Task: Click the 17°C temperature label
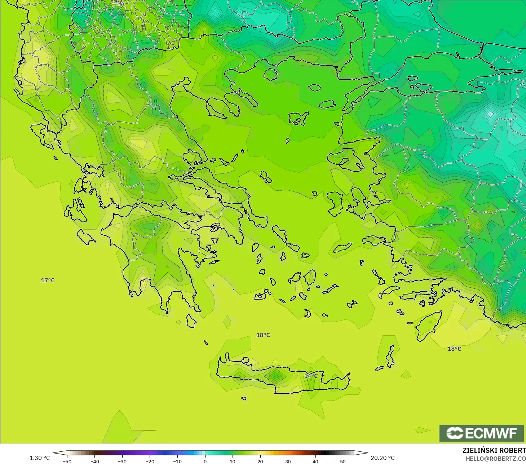pyautogui.click(x=48, y=280)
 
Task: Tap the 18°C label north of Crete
pyautogui.click(x=263, y=335)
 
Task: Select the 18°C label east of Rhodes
pyautogui.click(x=454, y=349)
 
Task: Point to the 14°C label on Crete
pyautogui.click(x=311, y=376)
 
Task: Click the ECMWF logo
pyautogui.click(x=481, y=433)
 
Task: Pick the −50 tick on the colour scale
pyautogui.click(x=67, y=461)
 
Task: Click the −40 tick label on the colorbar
pyautogui.click(x=94, y=461)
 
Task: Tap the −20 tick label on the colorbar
pyautogui.click(x=150, y=461)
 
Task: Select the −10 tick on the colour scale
pyautogui.click(x=177, y=461)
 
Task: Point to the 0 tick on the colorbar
pyautogui.click(x=205, y=461)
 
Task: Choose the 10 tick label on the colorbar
pyautogui.click(x=233, y=461)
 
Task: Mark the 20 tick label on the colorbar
pyautogui.click(x=260, y=461)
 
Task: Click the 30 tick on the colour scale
pyautogui.click(x=288, y=461)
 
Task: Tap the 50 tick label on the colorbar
pyautogui.click(x=343, y=461)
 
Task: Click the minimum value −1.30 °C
pyautogui.click(x=39, y=458)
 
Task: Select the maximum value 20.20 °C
pyautogui.click(x=383, y=458)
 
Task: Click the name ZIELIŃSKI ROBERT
pyautogui.click(x=494, y=450)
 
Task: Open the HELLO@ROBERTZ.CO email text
pyautogui.click(x=495, y=459)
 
